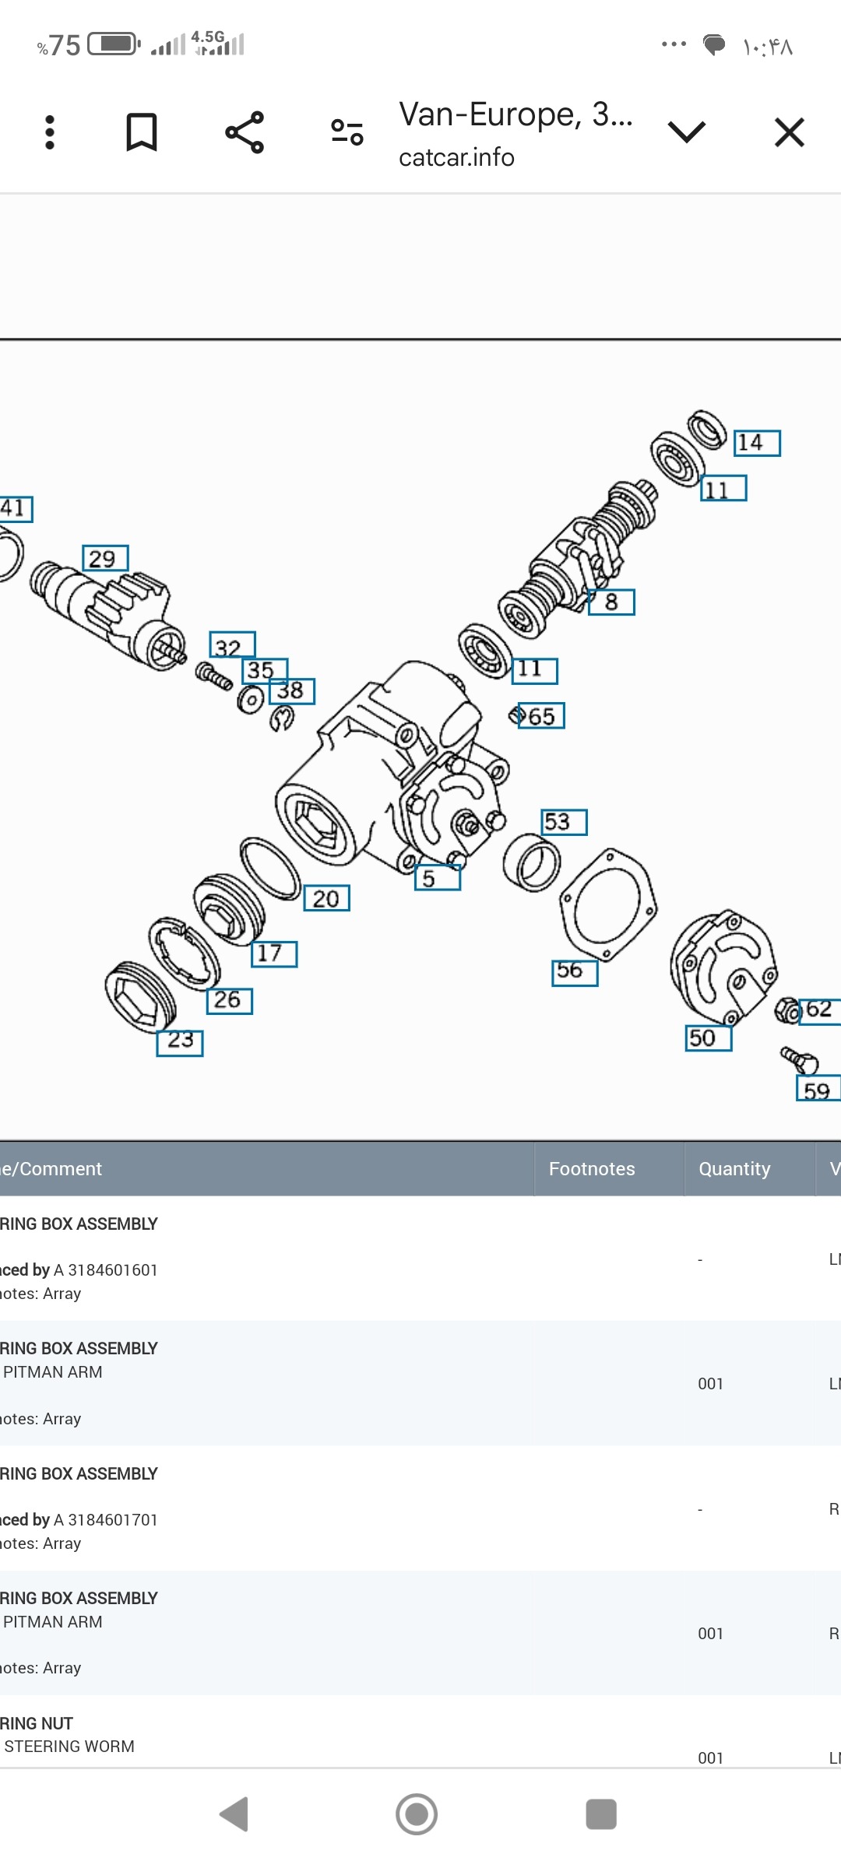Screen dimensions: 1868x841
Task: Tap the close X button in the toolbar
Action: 789,132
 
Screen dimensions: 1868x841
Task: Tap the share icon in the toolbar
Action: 245,132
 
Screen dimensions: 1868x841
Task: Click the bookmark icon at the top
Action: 142,132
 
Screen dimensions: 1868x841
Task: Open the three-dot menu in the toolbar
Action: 50,132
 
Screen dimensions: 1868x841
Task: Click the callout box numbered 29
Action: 105,558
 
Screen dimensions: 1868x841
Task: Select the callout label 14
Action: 756,443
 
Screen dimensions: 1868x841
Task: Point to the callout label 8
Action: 611,602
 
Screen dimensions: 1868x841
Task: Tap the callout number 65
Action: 541,716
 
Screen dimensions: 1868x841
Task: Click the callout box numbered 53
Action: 564,822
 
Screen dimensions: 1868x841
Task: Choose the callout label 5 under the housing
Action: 437,878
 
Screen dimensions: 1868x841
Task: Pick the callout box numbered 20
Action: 326,898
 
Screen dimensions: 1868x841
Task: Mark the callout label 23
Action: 180,1042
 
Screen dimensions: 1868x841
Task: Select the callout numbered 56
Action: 575,972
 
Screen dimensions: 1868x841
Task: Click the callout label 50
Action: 708,1038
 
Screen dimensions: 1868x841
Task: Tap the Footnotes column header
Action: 592,1169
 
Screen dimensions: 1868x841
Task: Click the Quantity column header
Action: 734,1169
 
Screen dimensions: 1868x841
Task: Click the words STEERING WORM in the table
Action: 69,1747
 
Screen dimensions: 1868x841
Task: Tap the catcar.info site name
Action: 456,158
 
